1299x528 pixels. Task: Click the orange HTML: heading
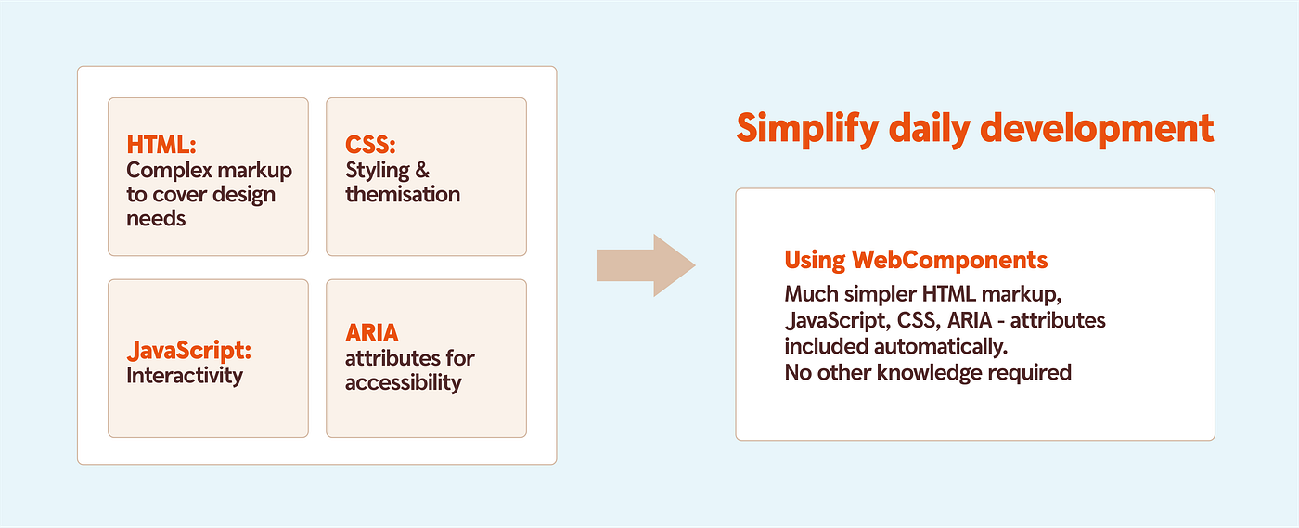161,146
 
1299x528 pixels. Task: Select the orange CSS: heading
370,146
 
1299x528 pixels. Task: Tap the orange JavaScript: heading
189,352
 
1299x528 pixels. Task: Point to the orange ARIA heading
372,333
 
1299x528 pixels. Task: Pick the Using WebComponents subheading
916,260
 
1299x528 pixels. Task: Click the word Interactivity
185,376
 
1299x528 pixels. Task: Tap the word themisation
403,195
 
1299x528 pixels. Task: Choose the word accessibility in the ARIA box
403,382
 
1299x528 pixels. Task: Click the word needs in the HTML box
156,219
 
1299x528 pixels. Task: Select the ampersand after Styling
422,171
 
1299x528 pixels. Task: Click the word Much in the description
809,294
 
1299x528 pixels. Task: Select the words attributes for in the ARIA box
409,358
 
